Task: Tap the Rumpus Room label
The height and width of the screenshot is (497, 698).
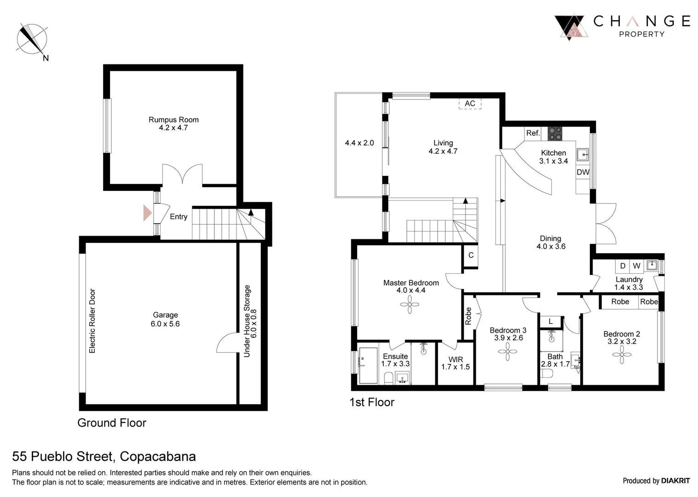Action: point(173,120)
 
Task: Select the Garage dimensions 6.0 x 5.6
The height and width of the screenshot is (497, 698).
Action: point(165,324)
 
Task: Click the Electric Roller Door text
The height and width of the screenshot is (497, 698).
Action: point(92,321)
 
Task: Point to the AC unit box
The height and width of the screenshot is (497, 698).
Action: point(470,104)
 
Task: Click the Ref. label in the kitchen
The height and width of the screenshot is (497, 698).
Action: point(533,133)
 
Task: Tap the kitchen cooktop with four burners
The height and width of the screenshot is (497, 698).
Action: point(555,133)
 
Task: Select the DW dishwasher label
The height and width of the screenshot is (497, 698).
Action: point(583,172)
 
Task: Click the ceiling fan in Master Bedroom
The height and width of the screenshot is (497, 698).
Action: point(410,304)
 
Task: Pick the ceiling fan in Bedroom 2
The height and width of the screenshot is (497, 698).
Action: point(622,355)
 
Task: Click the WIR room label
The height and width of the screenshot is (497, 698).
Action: point(456,359)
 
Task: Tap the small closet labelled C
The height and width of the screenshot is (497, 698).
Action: point(471,255)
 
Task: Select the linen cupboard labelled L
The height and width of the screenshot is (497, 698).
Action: point(551,322)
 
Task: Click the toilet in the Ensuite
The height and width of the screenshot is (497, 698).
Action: point(388,379)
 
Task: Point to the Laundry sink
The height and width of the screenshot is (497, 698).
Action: point(652,265)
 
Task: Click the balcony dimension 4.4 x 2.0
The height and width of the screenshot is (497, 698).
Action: point(359,143)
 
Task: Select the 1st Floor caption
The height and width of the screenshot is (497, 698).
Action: point(372,402)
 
